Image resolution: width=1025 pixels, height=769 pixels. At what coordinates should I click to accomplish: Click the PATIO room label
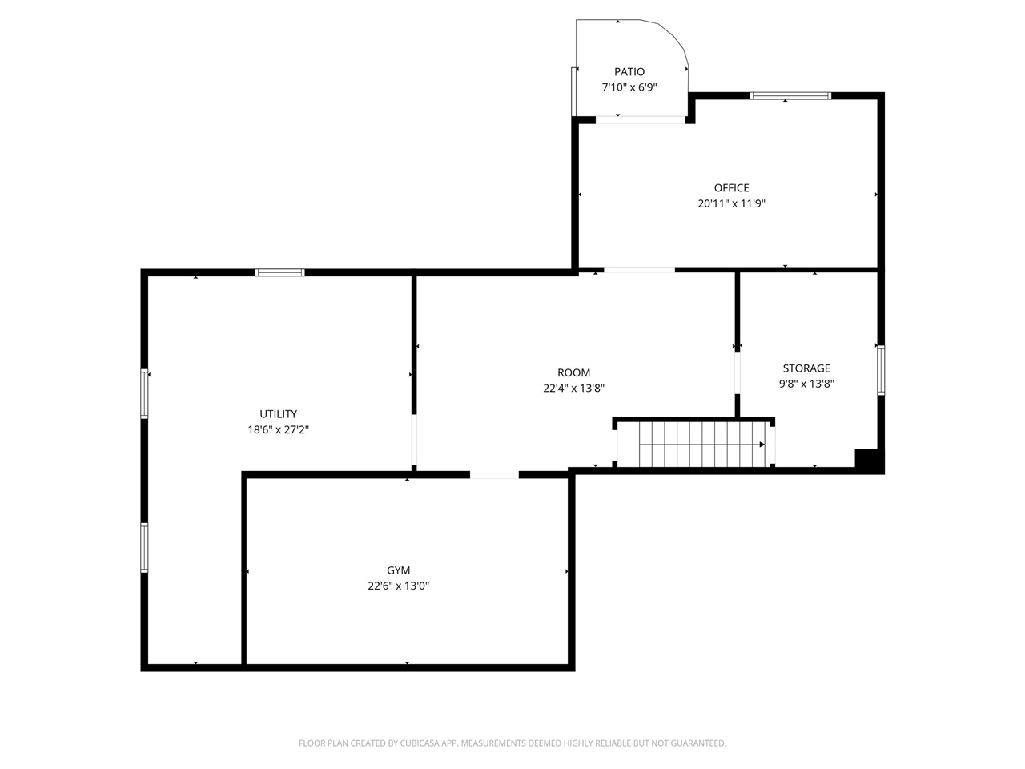629,72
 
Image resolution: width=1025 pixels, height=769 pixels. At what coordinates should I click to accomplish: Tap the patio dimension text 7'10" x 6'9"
629,87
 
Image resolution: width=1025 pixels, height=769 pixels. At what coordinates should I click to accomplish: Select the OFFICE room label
732,188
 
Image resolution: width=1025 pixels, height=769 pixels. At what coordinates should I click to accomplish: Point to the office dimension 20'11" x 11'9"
732,203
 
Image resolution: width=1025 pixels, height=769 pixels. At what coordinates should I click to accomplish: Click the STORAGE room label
806,368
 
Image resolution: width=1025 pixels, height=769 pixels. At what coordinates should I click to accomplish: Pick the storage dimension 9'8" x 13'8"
806,384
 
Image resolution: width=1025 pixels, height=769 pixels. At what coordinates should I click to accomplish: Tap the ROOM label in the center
574,372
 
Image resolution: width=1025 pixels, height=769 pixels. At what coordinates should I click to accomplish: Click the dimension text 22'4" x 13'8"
574,388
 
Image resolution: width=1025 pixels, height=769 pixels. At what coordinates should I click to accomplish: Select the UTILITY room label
278,414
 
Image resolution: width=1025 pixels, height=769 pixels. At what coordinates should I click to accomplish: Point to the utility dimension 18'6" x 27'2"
278,429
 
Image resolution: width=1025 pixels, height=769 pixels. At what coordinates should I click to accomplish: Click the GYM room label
399,570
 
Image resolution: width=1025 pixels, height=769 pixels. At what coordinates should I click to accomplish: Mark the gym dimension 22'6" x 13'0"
399,586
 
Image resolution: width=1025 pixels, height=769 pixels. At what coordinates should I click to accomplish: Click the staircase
693,444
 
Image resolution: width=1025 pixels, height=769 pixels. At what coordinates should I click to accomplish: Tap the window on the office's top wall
790,96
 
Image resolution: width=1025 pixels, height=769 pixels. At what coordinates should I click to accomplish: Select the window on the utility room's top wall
279,272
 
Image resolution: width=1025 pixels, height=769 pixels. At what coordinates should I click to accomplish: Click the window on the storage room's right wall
880,370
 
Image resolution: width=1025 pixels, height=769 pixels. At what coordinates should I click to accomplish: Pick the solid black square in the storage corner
868,460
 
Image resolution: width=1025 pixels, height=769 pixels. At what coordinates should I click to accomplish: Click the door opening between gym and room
494,474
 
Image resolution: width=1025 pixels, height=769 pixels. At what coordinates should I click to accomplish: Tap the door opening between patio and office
641,120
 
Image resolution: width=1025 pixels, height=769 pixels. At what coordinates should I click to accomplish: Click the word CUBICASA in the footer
421,743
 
